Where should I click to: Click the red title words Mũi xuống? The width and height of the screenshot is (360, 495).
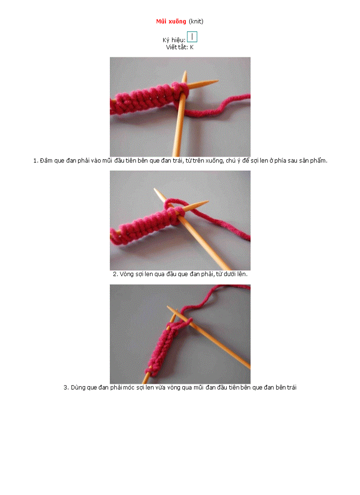pos(171,22)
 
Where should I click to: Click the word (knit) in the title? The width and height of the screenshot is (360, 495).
pos(196,22)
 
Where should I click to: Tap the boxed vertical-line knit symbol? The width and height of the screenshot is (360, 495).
pos(192,37)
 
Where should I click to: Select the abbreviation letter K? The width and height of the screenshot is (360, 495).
pos(192,47)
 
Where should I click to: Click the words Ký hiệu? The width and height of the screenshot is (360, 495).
pos(173,40)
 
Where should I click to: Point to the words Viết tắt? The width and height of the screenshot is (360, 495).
pos(176,47)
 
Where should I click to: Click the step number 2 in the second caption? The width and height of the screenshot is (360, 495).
pos(115,274)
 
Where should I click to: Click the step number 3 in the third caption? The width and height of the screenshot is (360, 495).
pos(66,387)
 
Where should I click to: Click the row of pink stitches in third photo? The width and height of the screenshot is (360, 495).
pos(163,347)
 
